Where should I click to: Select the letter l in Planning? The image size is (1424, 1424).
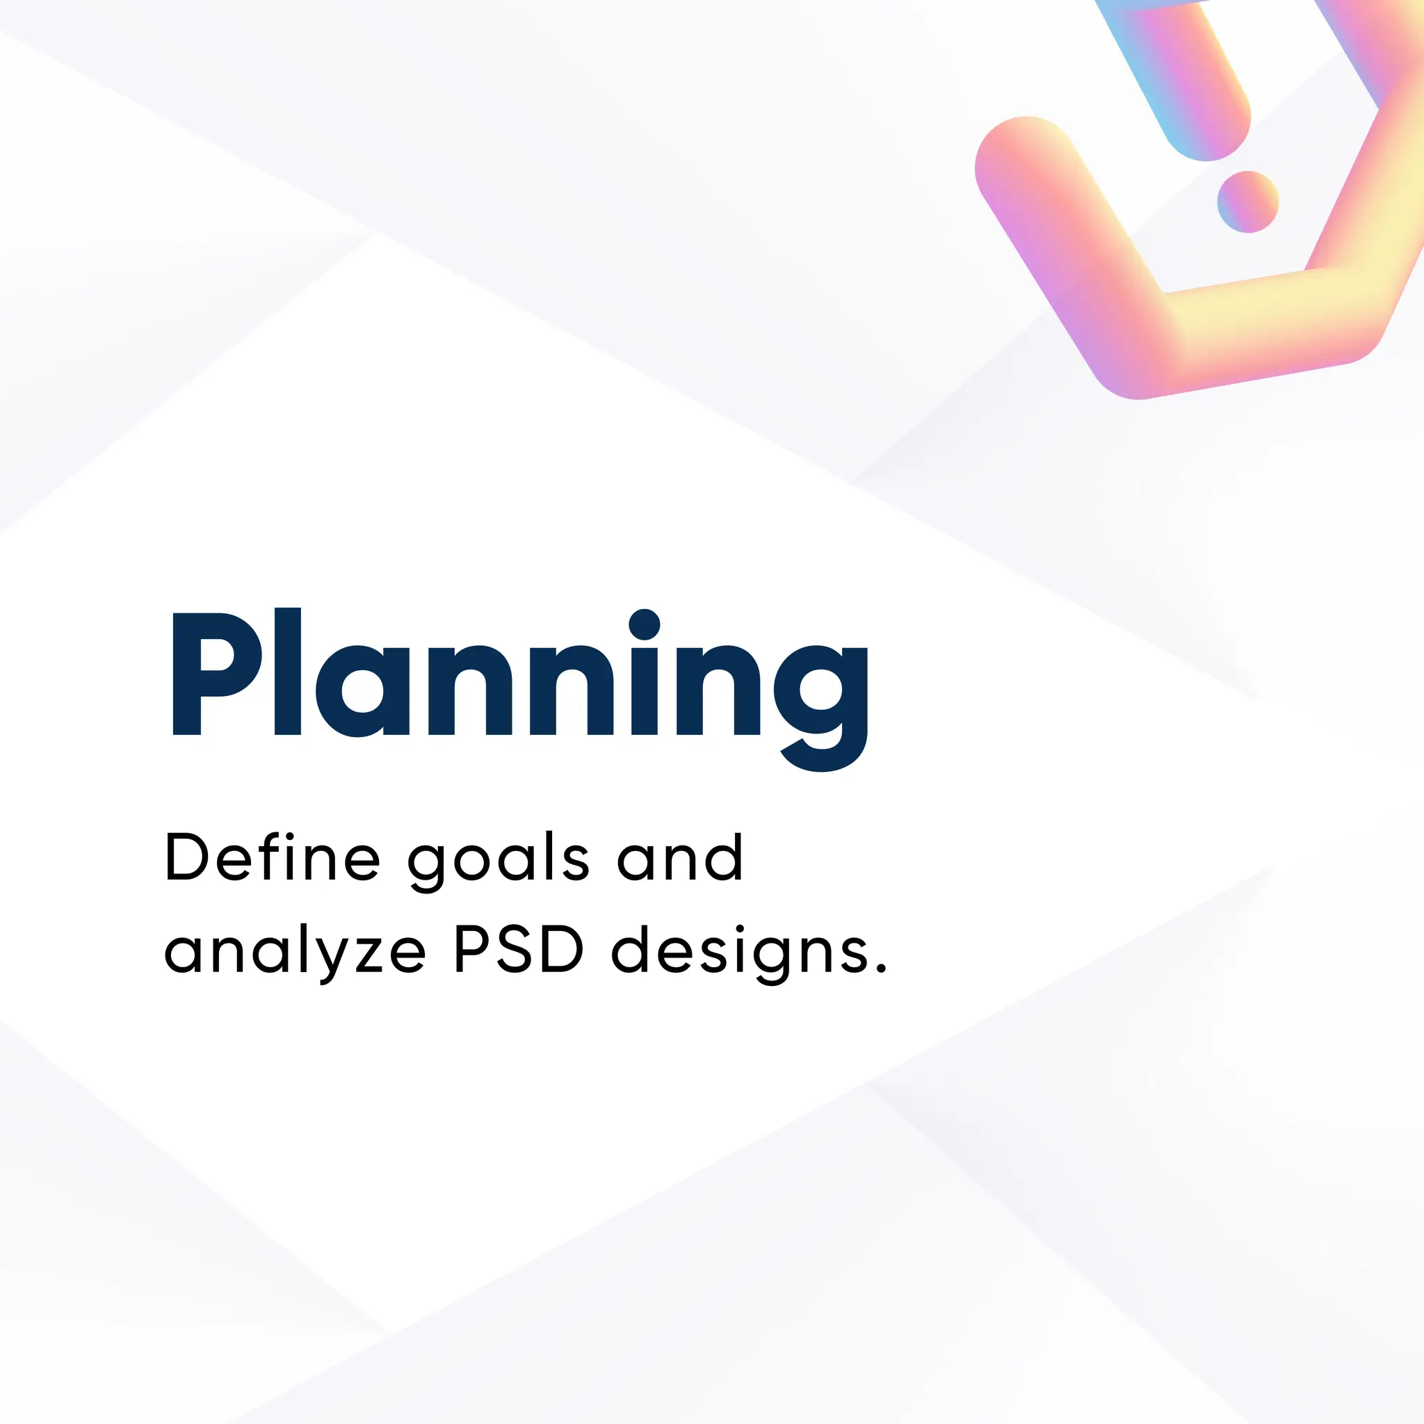(287, 672)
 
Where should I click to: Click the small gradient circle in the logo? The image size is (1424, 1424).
(1247, 201)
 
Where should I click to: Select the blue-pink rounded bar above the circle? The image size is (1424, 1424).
(1187, 81)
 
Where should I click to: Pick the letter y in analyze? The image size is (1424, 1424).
(327, 958)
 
